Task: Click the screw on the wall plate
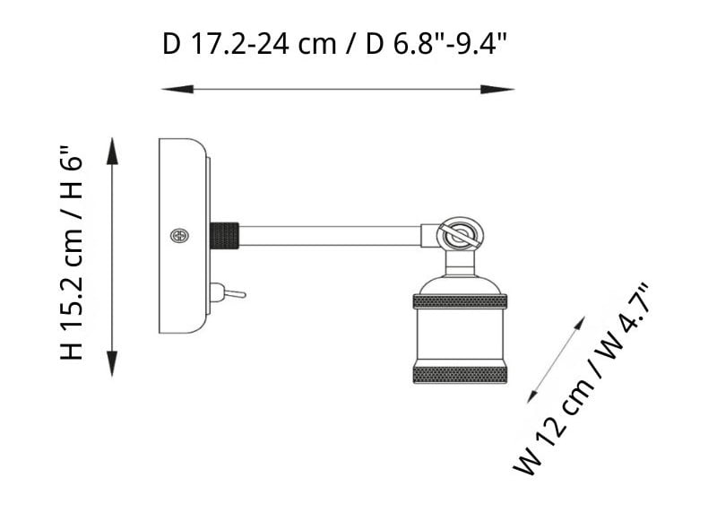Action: pyautogui.click(x=180, y=236)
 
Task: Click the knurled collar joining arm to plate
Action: pyautogui.click(x=224, y=236)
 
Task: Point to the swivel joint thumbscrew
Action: pyautogui.click(x=459, y=235)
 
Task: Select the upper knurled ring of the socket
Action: pyautogui.click(x=460, y=301)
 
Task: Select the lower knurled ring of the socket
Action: pyautogui.click(x=460, y=374)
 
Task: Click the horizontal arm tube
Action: pyautogui.click(x=330, y=236)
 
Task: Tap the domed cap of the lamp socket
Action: pyautogui.click(x=460, y=285)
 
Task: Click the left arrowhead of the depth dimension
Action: pyautogui.click(x=177, y=90)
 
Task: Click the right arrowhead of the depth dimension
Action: pyautogui.click(x=497, y=90)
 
